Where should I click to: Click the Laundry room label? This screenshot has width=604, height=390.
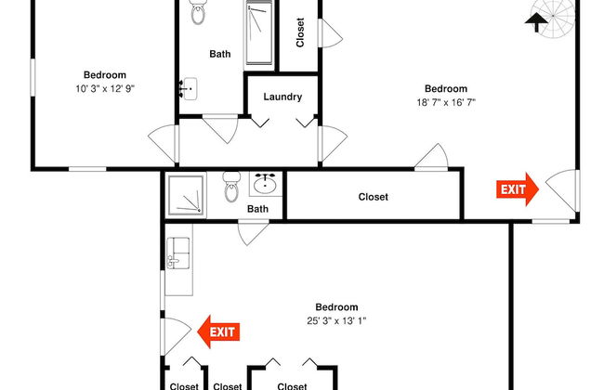point(282,97)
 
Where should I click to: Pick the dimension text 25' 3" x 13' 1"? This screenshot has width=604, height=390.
point(336,321)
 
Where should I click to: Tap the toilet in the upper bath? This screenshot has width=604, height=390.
point(197,12)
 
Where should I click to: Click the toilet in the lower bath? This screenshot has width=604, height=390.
point(231,190)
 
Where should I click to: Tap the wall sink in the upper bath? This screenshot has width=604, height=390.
point(188,89)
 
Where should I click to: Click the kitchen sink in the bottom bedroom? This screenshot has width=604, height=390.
point(178,252)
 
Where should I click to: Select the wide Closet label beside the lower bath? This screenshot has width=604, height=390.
point(373,197)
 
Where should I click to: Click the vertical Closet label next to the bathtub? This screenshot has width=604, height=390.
point(300,33)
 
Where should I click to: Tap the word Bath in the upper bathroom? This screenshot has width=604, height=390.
point(220,54)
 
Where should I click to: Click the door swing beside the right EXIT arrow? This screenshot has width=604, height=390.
point(561,190)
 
